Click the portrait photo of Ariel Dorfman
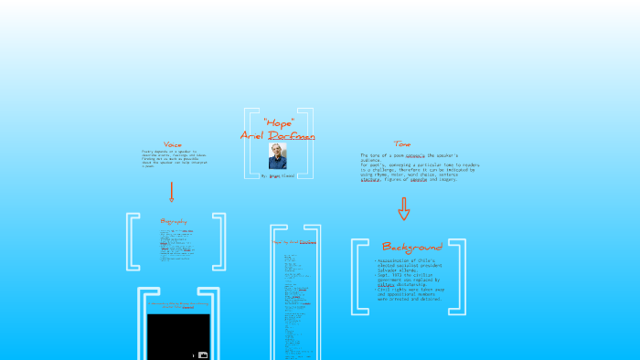tap(278, 155)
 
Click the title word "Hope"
tap(278, 122)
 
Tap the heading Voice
tap(172, 144)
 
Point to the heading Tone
tap(402, 143)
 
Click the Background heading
tap(411, 247)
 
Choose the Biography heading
tap(174, 221)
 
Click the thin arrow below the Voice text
tap(171, 192)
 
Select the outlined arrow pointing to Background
tap(403, 209)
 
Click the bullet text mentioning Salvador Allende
tap(411, 264)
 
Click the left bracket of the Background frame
tap(357, 278)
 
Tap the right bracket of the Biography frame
tap(219, 242)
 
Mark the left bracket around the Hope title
tap(248, 143)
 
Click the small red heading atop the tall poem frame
tap(295, 242)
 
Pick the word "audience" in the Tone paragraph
tap(372, 161)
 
